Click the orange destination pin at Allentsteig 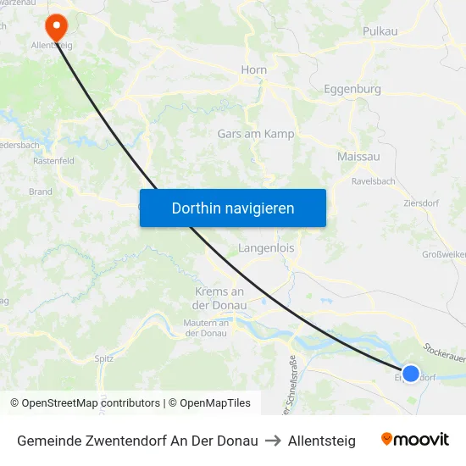tap(57, 25)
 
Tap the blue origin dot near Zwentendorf tap(411, 373)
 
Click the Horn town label tap(254, 70)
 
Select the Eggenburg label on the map tap(352, 89)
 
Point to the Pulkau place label tap(380, 31)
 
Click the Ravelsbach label tap(374, 180)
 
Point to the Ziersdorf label tap(421, 204)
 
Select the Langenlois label tap(266, 249)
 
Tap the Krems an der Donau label tap(214, 298)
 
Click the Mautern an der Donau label tap(207, 328)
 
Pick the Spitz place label tap(104, 358)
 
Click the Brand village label tap(40, 191)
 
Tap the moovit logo tap(415, 440)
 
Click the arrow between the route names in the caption tap(273, 441)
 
